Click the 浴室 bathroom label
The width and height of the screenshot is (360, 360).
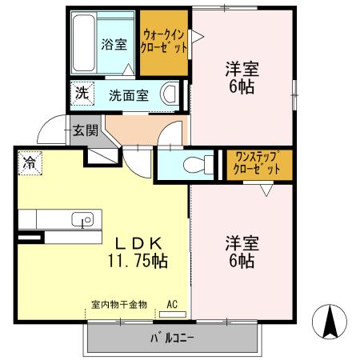point(114,45)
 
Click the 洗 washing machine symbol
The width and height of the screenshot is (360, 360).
point(82,93)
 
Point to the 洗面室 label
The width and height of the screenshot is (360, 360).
point(129,94)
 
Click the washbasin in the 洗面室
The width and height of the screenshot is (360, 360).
point(169,94)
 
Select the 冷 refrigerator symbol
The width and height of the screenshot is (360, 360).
point(30,163)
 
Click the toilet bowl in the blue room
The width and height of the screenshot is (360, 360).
point(189,166)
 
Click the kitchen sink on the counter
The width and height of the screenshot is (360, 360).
point(81,219)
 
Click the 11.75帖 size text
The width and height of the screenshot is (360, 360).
point(138,261)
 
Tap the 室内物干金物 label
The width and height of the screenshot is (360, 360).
point(118,304)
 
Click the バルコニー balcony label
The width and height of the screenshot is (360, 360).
point(171,338)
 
